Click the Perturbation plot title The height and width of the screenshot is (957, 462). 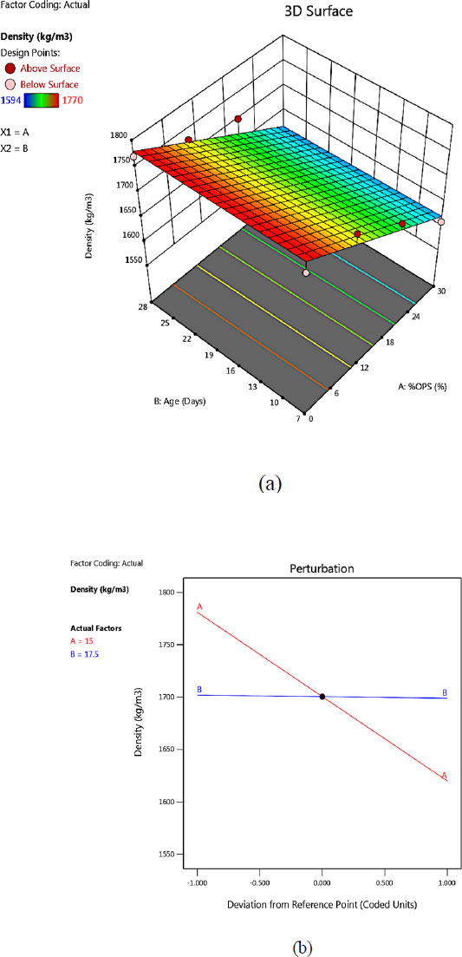[x=322, y=567]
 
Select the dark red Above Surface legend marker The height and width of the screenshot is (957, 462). [x=10, y=69]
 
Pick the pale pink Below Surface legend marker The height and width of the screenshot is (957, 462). [x=10, y=83]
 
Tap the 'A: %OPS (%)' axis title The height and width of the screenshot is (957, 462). [x=420, y=387]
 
